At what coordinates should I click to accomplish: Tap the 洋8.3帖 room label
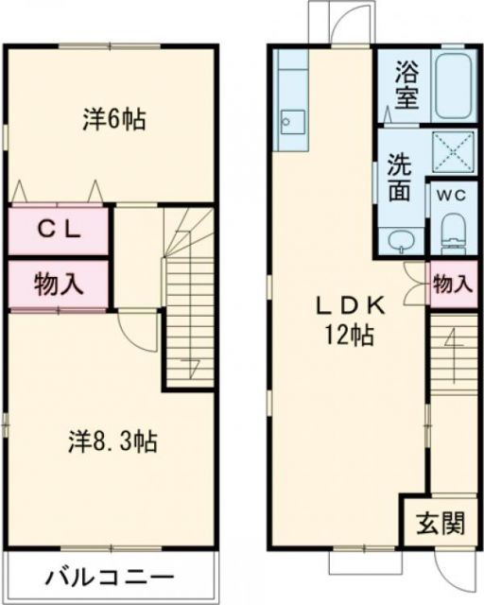click(x=112, y=440)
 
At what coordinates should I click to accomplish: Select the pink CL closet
click(x=58, y=229)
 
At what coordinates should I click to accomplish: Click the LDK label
click(x=349, y=306)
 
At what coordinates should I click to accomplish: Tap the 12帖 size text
click(x=349, y=336)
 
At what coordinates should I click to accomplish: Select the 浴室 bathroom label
click(x=406, y=86)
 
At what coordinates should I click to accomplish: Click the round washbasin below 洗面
click(x=400, y=239)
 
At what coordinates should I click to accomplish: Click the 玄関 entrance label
click(x=436, y=523)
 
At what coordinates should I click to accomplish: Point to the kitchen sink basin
click(x=292, y=121)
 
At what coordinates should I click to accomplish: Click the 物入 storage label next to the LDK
click(x=451, y=284)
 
